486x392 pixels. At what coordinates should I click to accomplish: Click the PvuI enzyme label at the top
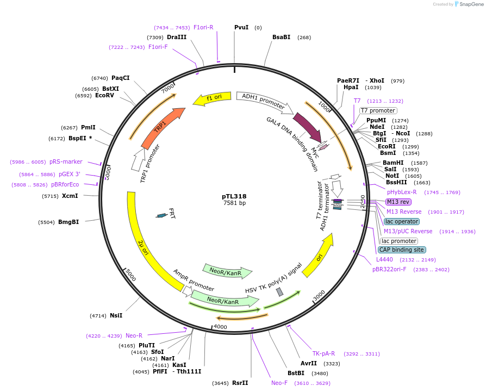pyautogui.click(x=241, y=27)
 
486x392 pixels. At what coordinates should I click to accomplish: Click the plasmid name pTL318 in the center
pyautogui.click(x=234, y=196)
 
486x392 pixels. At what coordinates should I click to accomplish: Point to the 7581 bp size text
pyautogui.click(x=234, y=203)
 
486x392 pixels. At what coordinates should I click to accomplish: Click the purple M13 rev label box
pyautogui.click(x=398, y=202)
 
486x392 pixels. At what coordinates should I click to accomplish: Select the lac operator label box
pyautogui.click(x=402, y=221)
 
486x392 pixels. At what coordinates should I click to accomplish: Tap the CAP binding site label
pyautogui.click(x=402, y=250)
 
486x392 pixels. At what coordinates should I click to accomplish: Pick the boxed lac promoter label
pyautogui.click(x=399, y=241)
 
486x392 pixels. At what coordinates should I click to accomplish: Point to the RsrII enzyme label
pyautogui.click(x=240, y=383)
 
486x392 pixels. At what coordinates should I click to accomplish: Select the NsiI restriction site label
pyautogui.click(x=116, y=315)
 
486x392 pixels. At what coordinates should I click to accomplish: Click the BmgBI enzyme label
pyautogui.click(x=68, y=222)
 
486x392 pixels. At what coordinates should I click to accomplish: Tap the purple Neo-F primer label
pyautogui.click(x=279, y=383)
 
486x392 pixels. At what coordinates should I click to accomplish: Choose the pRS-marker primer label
pyautogui.click(x=66, y=161)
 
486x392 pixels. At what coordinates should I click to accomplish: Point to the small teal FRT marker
pyautogui.click(x=161, y=216)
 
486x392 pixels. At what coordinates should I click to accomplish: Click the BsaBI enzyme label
pyautogui.click(x=281, y=37)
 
